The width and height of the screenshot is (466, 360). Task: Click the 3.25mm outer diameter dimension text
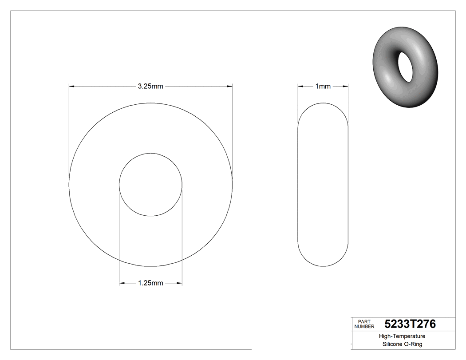pyautogui.click(x=150, y=87)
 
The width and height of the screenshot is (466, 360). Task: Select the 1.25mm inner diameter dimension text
pyautogui.click(x=150, y=283)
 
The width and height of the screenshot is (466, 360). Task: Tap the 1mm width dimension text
pyautogui.click(x=323, y=87)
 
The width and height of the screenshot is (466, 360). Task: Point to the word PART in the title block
pyautogui.click(x=364, y=321)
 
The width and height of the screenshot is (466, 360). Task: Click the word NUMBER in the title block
pyautogui.click(x=364, y=327)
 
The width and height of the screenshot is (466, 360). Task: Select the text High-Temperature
pyautogui.click(x=402, y=336)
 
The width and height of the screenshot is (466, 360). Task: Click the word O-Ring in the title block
pyautogui.click(x=413, y=344)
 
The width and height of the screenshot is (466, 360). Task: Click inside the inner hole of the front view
pyautogui.click(x=150, y=185)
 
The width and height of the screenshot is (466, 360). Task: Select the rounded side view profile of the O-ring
pyautogui.click(x=323, y=185)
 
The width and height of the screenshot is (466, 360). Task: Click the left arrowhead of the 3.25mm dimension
pyautogui.click(x=71, y=87)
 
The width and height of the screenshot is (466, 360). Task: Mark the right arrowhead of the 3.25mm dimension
pyautogui.click(x=230, y=87)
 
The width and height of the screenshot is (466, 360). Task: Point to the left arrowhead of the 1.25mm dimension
pyautogui.click(x=122, y=283)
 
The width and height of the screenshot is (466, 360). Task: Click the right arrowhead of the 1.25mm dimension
pyautogui.click(x=179, y=283)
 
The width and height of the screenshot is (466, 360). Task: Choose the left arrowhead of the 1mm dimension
pyautogui.click(x=300, y=87)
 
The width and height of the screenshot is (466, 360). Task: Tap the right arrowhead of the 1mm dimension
pyautogui.click(x=345, y=87)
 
